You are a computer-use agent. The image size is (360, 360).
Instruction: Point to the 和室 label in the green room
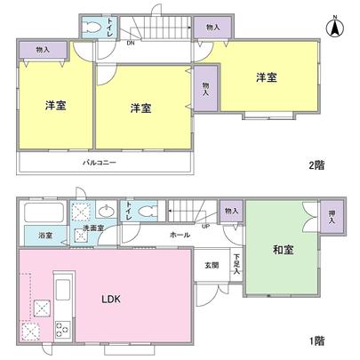point(283,252)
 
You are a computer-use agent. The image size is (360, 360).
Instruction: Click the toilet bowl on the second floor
point(94,28)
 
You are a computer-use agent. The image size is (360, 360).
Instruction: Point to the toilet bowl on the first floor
point(147,212)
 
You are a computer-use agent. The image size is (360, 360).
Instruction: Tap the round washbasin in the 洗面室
point(107,212)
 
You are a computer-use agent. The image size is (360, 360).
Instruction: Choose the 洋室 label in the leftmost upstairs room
point(55,106)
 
